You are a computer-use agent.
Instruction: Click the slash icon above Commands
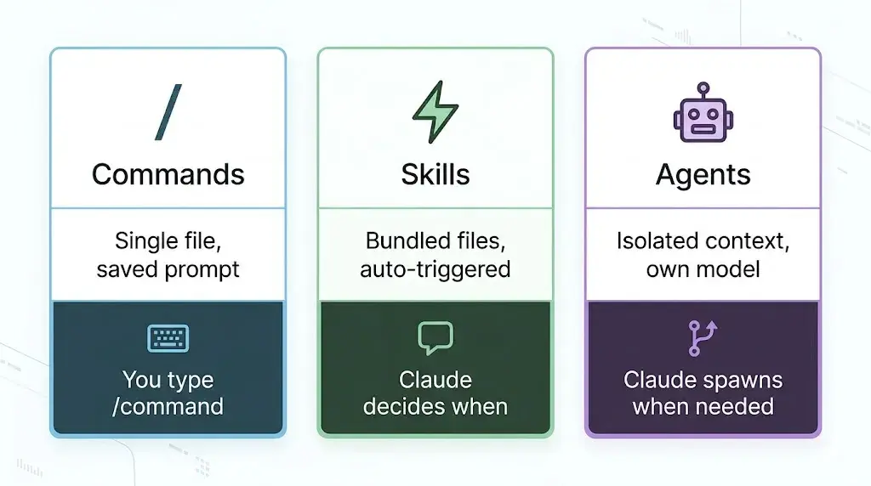click(x=168, y=112)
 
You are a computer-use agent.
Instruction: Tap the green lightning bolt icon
click(x=435, y=111)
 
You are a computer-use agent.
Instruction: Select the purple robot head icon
click(x=703, y=113)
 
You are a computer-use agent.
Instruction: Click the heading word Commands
click(x=168, y=174)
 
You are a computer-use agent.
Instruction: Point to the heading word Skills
click(x=435, y=174)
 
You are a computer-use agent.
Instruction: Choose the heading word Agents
click(x=703, y=175)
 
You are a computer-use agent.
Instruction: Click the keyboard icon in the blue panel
click(x=168, y=338)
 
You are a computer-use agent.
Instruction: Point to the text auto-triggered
click(x=435, y=269)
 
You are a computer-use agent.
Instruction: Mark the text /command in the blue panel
click(x=168, y=407)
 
